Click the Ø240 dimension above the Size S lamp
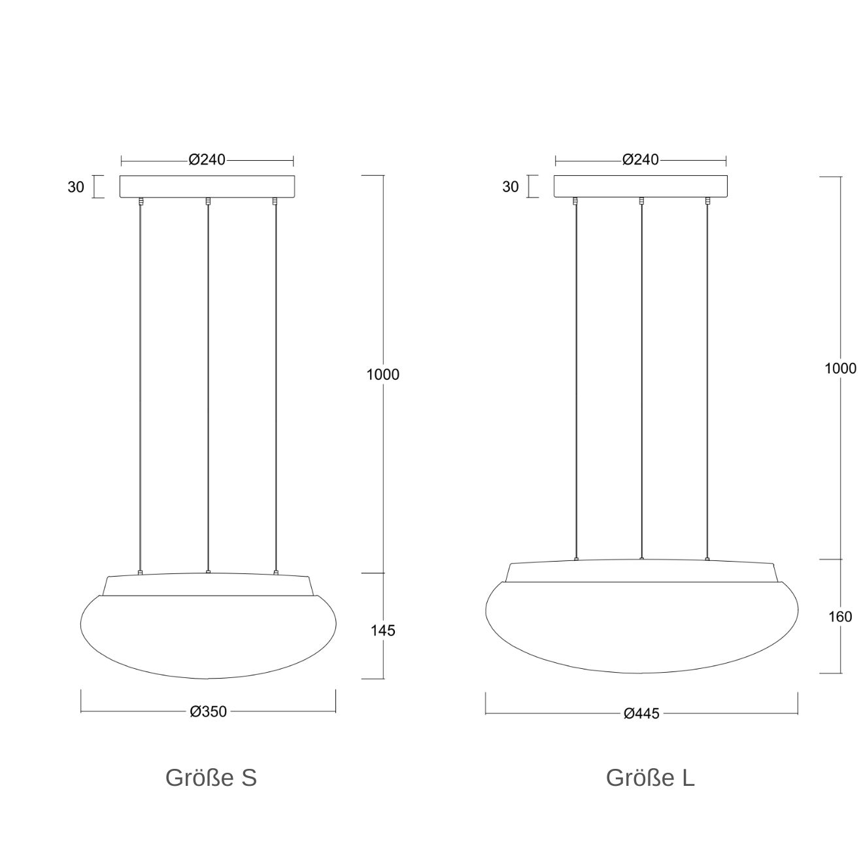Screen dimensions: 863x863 coord(207,160)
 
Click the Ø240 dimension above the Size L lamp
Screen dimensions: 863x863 coord(641,160)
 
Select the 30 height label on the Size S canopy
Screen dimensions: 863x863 coord(76,187)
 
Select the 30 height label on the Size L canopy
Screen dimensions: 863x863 coord(511,187)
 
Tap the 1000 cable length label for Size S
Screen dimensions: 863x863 coord(382,375)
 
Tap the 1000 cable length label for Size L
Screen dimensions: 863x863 coord(840,369)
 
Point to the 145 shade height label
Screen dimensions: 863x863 coord(382,631)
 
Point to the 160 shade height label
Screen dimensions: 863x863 coord(840,617)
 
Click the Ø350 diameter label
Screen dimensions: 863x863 coord(208,712)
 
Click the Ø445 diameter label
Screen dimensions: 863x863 coord(641,714)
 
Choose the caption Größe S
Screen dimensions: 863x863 coord(211,778)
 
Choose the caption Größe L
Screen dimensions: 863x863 coord(650,778)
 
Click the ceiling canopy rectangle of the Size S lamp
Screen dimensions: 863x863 coord(207,186)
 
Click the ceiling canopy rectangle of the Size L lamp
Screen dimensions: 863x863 coord(641,186)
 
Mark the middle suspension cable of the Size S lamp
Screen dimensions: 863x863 coord(207,386)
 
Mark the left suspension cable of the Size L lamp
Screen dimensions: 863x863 coord(575,379)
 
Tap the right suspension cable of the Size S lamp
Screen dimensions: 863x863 coord(276,386)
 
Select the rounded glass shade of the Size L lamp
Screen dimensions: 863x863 coord(641,628)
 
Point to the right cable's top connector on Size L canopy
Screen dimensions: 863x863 coord(707,201)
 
